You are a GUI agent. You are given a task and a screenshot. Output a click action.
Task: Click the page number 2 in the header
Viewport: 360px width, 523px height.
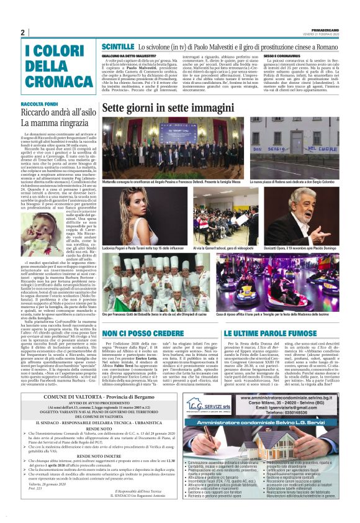[23, 32]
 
